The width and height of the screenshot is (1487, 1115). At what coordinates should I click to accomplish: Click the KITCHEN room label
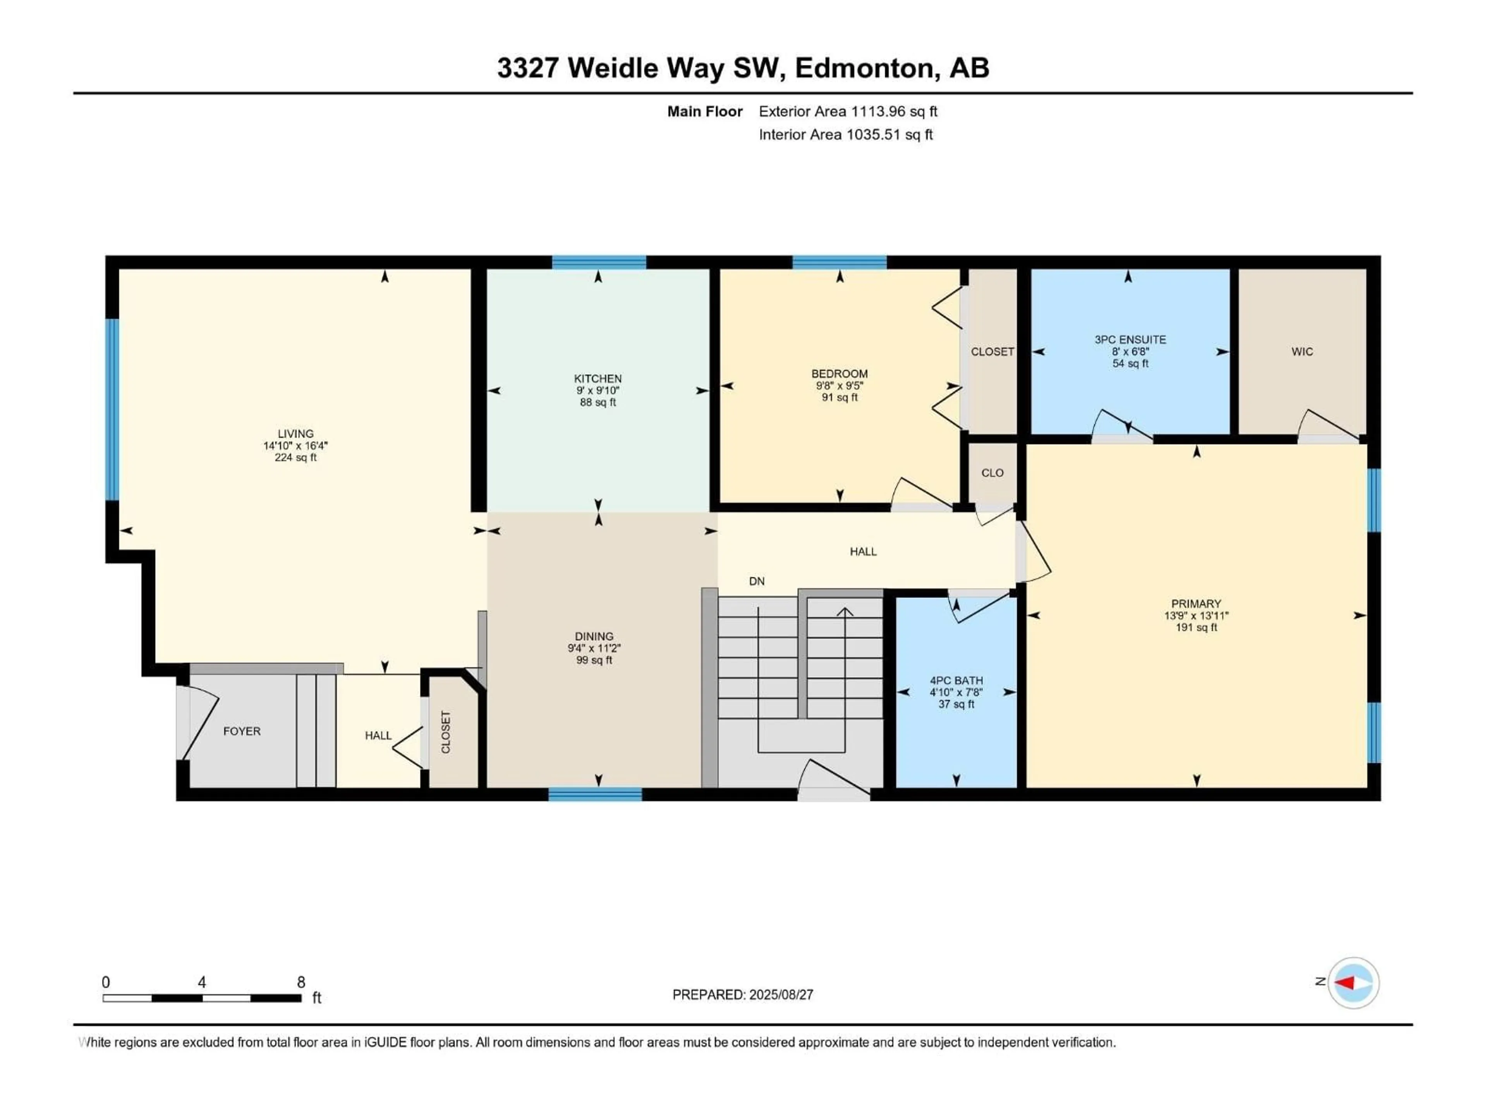point(598,378)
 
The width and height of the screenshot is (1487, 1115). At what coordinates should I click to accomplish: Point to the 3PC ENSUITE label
point(1130,340)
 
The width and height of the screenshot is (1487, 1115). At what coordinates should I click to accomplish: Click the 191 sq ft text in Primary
point(1196,628)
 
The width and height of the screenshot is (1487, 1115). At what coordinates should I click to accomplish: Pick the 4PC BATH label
point(956,680)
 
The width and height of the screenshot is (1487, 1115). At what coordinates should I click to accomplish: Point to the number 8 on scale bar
point(301,982)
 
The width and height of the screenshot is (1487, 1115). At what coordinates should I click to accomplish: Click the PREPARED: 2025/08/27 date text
point(742,995)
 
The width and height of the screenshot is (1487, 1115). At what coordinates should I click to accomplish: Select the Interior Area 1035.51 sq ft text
point(846,134)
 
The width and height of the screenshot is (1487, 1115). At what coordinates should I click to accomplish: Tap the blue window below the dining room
point(595,794)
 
